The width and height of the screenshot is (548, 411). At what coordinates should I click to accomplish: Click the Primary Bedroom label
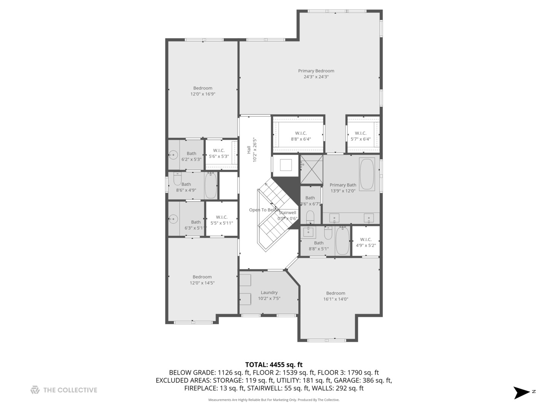[316, 71]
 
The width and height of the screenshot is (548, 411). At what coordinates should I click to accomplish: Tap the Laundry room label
[269, 293]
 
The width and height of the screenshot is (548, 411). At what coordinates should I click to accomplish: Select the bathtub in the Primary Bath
[367, 174]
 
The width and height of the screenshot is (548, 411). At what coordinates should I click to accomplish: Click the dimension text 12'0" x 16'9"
[203, 94]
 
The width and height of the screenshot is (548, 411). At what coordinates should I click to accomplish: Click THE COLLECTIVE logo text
[70, 390]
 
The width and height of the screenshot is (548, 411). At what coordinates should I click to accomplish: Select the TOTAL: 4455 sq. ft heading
[274, 365]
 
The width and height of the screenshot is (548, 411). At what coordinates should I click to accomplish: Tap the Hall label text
[249, 150]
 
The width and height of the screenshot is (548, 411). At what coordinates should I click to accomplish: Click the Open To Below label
[264, 210]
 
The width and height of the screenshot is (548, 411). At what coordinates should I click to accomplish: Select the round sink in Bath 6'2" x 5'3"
[174, 155]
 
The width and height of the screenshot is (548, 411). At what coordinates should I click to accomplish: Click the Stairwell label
[288, 213]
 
